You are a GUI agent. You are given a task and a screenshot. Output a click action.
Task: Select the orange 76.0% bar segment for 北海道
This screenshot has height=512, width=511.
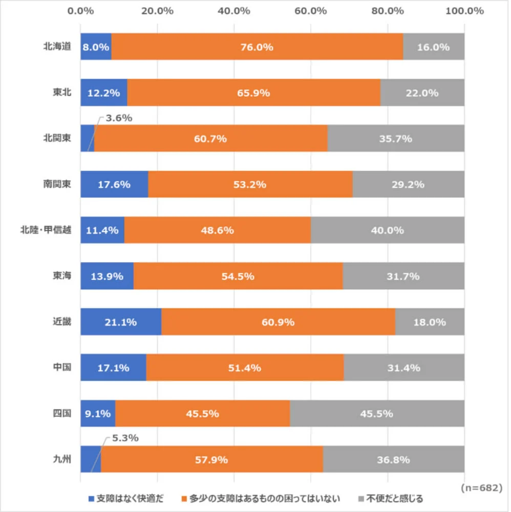tap(257, 47)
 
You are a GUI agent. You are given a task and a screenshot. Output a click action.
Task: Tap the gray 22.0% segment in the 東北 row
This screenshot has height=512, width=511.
tap(422, 93)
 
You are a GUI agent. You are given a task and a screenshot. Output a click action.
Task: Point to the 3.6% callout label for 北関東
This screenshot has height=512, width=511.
tap(119, 118)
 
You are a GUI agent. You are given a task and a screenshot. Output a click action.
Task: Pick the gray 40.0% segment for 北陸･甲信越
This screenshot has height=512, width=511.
tap(388, 230)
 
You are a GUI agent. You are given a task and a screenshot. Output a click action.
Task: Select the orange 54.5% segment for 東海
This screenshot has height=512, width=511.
tap(238, 276)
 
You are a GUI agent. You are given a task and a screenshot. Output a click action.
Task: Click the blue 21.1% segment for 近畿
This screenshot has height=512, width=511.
tap(121, 322)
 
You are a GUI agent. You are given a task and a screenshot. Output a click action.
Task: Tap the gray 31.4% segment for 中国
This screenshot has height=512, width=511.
tap(404, 368)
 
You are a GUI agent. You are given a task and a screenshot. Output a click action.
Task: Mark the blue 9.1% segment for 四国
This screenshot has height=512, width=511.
tap(98, 414)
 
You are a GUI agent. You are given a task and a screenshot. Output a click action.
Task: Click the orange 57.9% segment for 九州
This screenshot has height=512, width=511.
tap(212, 459)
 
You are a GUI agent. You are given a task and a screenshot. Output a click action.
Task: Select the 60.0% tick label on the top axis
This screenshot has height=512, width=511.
tap(311, 10)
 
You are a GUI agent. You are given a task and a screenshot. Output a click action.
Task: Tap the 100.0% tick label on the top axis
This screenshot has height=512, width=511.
tap(464, 10)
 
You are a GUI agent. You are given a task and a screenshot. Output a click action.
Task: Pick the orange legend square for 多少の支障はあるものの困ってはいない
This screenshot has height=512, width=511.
tap(185, 498)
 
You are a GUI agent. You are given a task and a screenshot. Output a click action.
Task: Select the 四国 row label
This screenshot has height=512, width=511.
tap(64, 414)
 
